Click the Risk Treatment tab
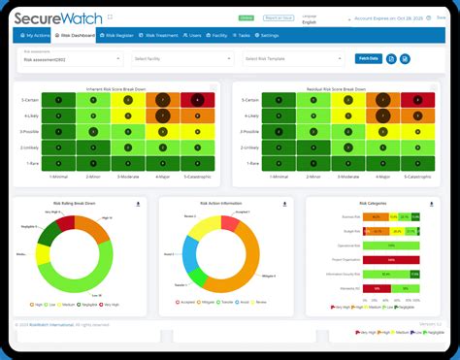click(161, 35)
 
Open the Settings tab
click(268, 35)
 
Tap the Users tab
click(195, 35)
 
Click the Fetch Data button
click(368, 58)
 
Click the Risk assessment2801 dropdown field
click(73, 59)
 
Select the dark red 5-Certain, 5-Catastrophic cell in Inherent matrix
click(198, 100)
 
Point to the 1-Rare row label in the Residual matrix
click(247, 163)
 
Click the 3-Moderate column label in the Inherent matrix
click(128, 178)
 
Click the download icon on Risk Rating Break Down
click(138, 204)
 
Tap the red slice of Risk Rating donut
click(64, 222)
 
